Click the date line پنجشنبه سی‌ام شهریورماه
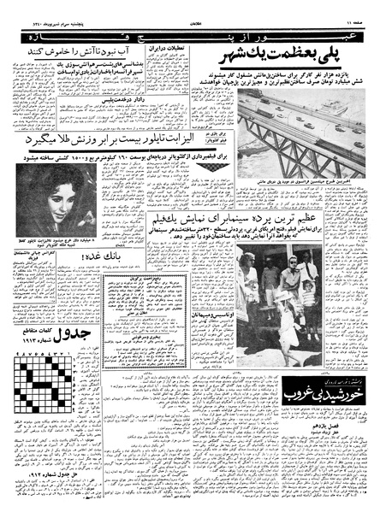(51, 8)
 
